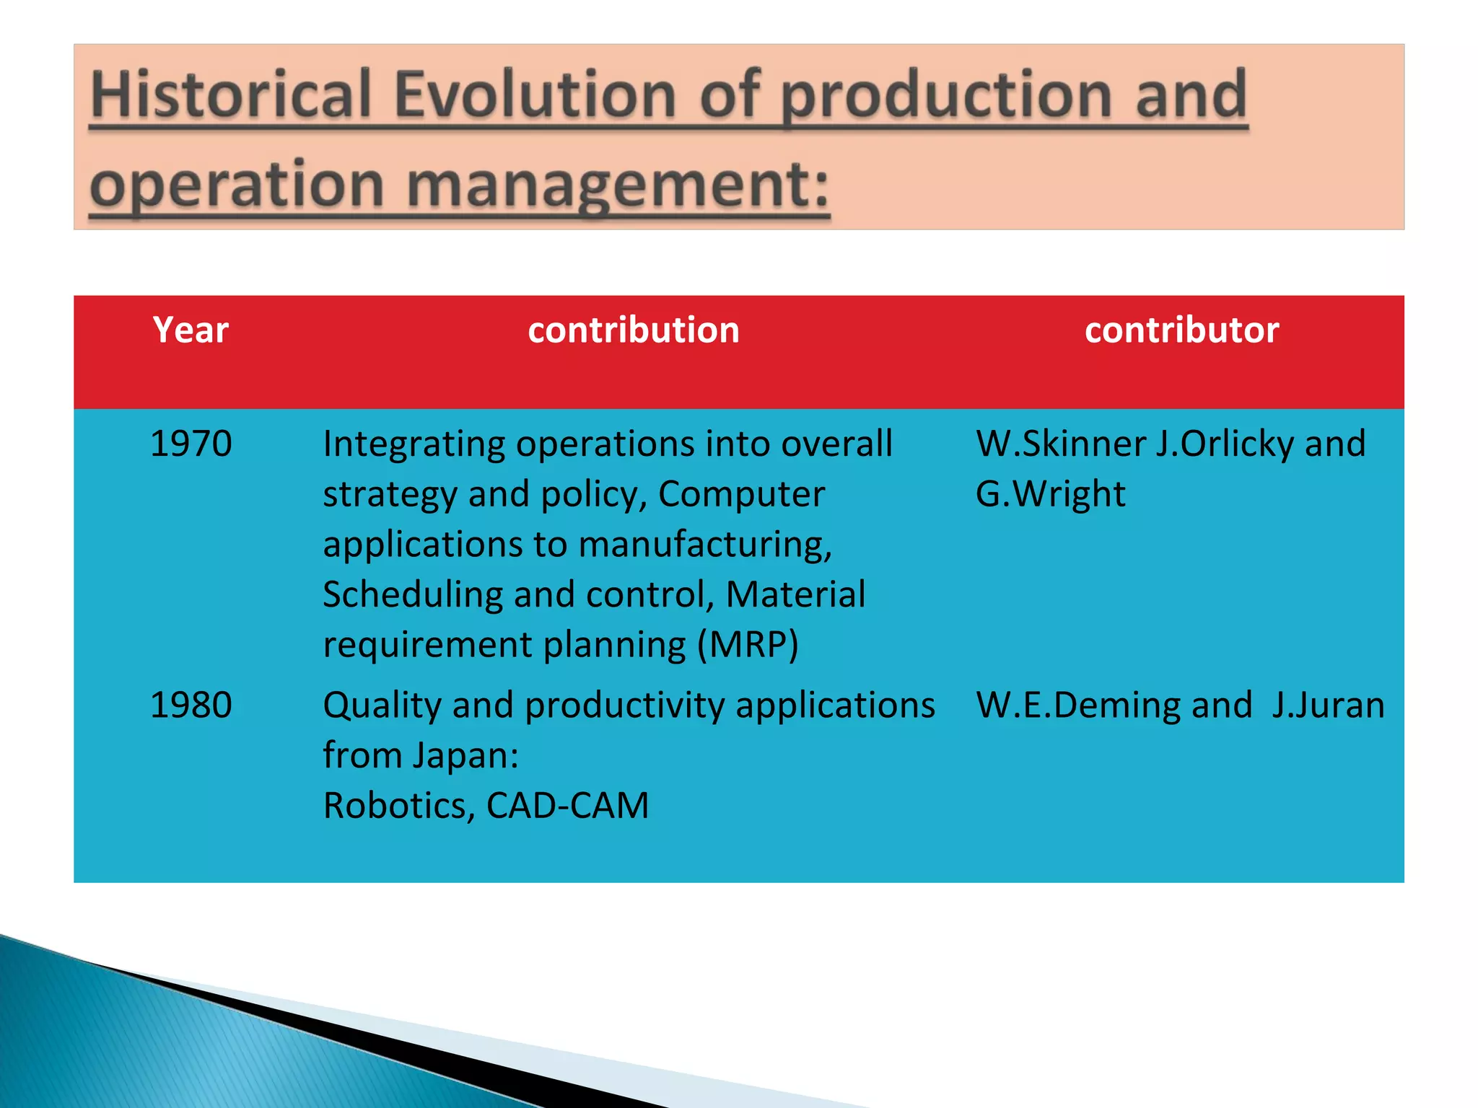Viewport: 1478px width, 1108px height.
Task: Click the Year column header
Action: pyautogui.click(x=191, y=330)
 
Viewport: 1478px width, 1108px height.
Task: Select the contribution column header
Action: pyautogui.click(x=633, y=330)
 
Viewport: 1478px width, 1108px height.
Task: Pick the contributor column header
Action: pyautogui.click(x=1181, y=330)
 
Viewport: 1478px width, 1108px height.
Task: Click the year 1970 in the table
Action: pyautogui.click(x=191, y=443)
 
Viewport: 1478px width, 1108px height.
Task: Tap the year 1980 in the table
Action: pyautogui.click(x=191, y=705)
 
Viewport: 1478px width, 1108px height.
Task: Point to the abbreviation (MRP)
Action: pyautogui.click(x=748, y=644)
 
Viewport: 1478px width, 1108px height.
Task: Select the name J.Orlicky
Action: pyautogui.click(x=1224, y=443)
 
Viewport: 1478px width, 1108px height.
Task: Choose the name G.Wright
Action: pyautogui.click(x=1050, y=494)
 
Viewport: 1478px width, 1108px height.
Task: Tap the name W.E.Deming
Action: pyautogui.click(x=1078, y=705)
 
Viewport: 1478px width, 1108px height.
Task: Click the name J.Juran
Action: pyautogui.click(x=1328, y=705)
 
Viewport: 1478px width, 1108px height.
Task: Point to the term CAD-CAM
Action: pyautogui.click(x=567, y=805)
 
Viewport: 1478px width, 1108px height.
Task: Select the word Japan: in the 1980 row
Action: pyautogui.click(x=465, y=755)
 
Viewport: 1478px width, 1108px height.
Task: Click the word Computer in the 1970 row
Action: pyautogui.click(x=741, y=494)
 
